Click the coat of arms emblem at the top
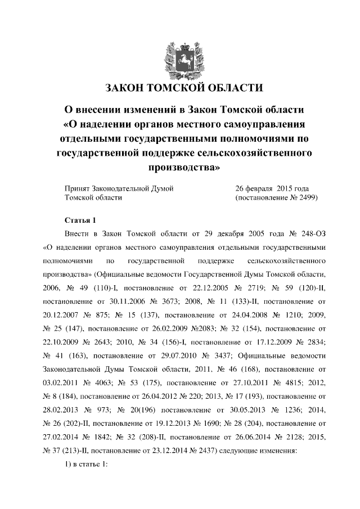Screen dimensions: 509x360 pyautogui.click(x=180, y=60)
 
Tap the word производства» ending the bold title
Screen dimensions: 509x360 pyautogui.click(x=180, y=166)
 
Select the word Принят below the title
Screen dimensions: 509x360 pyautogui.click(x=79, y=188)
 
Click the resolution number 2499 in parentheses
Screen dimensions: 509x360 pyautogui.click(x=304, y=198)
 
